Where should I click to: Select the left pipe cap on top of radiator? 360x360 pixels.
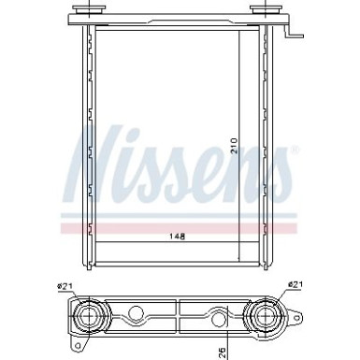(90, 12)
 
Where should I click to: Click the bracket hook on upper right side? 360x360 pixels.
(293, 36)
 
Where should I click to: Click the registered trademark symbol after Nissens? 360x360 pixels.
(296, 151)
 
